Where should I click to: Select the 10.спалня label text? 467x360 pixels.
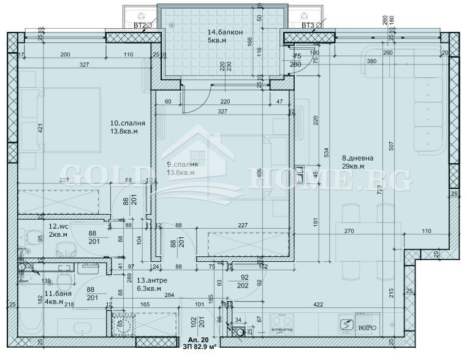[120, 121]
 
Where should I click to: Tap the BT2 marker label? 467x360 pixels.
[141, 25]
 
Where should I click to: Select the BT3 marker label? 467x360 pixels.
[308, 25]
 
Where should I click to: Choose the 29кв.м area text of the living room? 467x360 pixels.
[354, 166]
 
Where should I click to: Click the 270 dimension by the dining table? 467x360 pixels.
[349, 232]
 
